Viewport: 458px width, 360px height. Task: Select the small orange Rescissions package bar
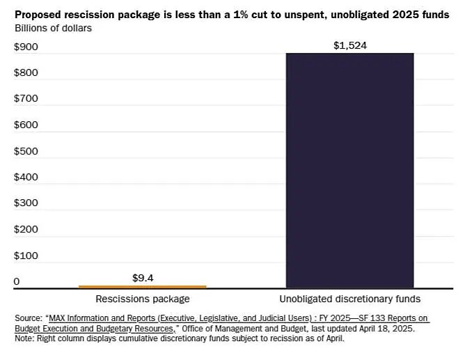[x=143, y=286]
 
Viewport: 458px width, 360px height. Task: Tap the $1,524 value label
[x=350, y=46]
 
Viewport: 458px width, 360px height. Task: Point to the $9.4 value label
[x=143, y=278]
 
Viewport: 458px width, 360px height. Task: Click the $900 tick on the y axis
[x=26, y=47]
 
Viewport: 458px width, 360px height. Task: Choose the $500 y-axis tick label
[x=26, y=151]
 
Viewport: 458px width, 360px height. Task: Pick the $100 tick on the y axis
[x=26, y=256]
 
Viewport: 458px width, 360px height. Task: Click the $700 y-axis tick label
[x=26, y=99]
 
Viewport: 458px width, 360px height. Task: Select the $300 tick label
[x=26, y=203]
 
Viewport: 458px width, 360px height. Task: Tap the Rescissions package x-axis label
[x=143, y=299]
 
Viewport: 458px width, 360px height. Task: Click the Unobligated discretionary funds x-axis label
[x=350, y=299]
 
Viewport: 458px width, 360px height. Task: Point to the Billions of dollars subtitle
[x=53, y=28]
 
